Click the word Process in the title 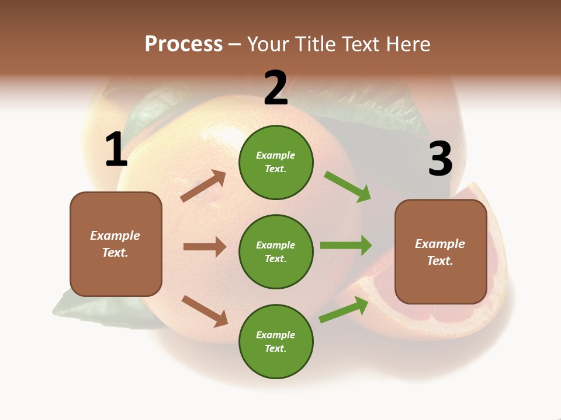[183, 44]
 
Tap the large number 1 [116, 150]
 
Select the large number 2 [276, 88]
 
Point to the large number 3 [440, 159]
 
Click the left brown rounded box [116, 244]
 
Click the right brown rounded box [441, 252]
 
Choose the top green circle [276, 162]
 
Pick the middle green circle [276, 251]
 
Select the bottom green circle [276, 341]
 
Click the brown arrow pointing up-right [203, 186]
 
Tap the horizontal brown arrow [205, 247]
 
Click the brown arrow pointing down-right [205, 311]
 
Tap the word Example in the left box [115, 236]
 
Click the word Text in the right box [439, 261]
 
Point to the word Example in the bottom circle [275, 335]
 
